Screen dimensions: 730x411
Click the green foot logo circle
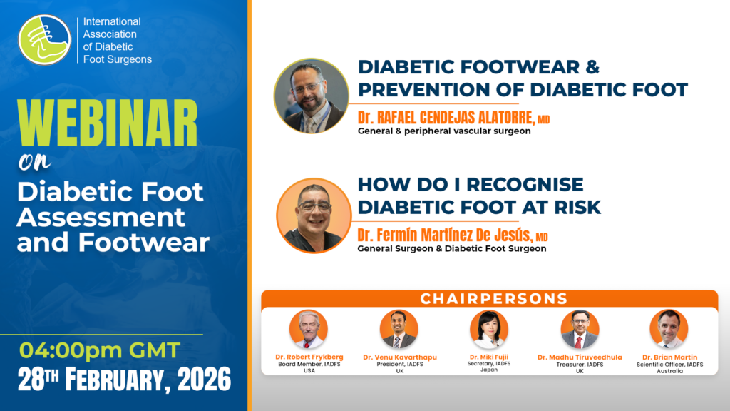[44, 40]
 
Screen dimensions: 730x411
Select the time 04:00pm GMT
[100, 350]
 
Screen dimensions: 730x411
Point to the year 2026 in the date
[205, 380]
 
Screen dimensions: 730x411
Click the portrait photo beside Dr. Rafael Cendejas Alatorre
[311, 96]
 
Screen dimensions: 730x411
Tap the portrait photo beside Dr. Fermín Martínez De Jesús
[314, 215]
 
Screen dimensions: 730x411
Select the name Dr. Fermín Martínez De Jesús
[445, 235]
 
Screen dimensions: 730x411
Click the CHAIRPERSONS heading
[494, 299]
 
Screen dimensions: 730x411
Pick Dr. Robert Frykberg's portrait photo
[309, 329]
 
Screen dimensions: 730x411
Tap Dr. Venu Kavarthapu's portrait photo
[399, 329]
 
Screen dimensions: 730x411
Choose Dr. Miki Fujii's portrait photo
[489, 329]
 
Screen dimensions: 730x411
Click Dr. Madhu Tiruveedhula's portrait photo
[580, 329]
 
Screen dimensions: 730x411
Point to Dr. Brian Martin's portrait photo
[669, 329]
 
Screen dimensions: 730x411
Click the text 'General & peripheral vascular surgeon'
[444, 131]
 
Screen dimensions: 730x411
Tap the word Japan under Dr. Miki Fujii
[489, 370]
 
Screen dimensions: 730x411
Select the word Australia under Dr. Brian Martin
[670, 371]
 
